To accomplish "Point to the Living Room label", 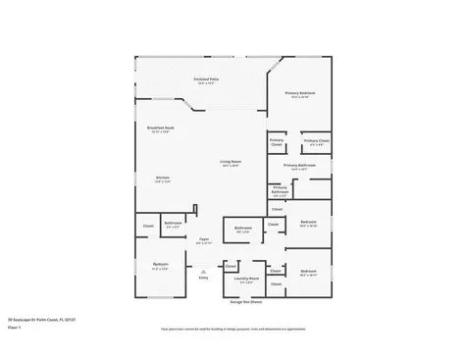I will tap(231, 164).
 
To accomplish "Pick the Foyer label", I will tap(204, 240).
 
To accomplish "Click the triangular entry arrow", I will tap(203, 272).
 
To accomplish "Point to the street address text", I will tap(42, 320).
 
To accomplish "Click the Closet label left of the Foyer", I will tap(149, 227).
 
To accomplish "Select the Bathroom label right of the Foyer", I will tap(242, 230).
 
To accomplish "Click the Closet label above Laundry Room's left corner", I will tap(231, 266).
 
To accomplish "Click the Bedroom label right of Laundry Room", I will tap(308, 271).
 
